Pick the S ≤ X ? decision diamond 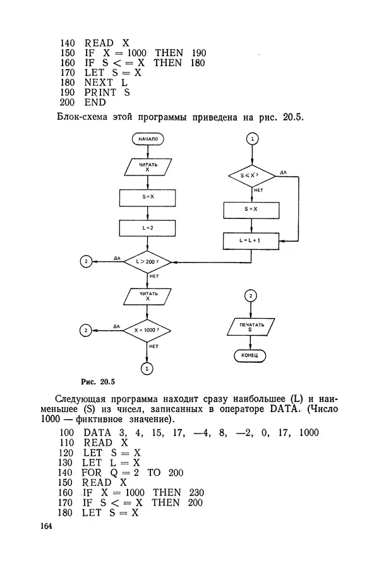tap(251, 175)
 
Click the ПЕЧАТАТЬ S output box tap(251, 327)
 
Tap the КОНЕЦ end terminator tap(251, 356)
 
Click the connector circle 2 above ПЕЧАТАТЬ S tap(251, 296)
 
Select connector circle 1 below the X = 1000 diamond tap(147, 367)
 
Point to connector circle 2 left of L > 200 tap(86, 261)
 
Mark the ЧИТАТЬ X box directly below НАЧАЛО tap(147, 167)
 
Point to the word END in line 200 tap(95, 103)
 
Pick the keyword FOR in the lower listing tap(92, 472)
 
